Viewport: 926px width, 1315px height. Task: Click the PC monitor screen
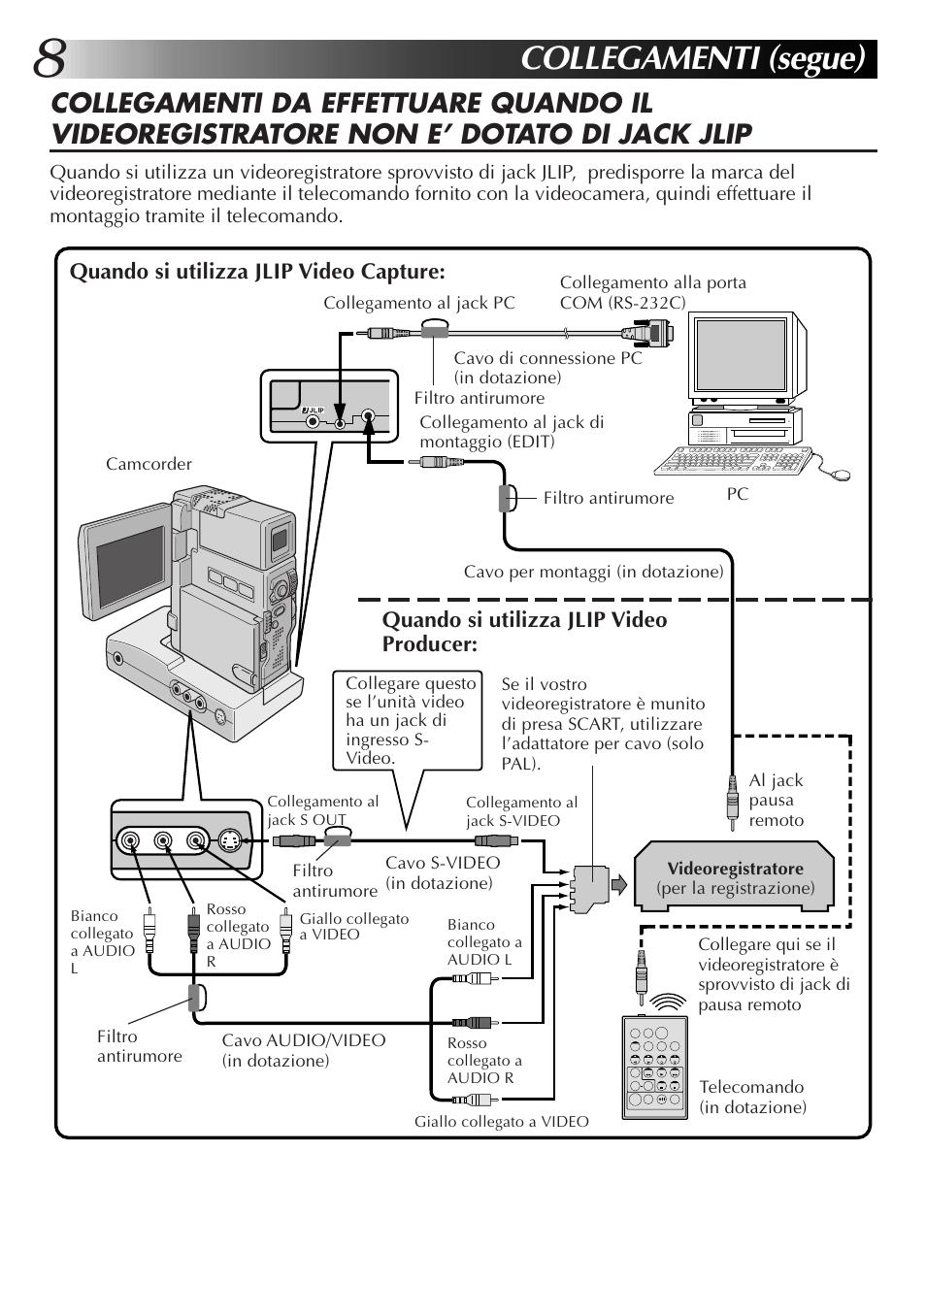(x=741, y=354)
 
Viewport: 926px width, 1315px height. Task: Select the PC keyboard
(x=734, y=462)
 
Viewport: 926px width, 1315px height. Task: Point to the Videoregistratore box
(x=735, y=877)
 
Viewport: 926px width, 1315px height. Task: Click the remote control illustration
(x=655, y=1066)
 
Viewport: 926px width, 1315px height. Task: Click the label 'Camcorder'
(x=149, y=464)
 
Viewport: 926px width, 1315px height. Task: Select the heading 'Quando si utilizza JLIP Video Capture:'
(x=257, y=272)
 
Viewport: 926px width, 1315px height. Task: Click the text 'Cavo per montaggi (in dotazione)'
(x=593, y=572)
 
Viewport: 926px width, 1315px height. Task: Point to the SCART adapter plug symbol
(x=588, y=887)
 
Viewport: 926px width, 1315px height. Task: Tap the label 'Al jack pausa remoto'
(x=777, y=800)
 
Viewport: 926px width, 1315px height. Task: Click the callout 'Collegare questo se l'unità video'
(x=410, y=720)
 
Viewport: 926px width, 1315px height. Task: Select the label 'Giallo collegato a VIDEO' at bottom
(x=501, y=1122)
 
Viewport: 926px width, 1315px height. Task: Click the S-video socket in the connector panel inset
(x=229, y=840)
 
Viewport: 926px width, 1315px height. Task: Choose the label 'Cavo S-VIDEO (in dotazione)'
(x=443, y=872)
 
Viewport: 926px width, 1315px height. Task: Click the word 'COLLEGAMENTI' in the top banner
(x=640, y=58)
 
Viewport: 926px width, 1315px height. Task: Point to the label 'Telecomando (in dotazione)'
(x=752, y=1097)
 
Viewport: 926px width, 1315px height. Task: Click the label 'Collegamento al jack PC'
(x=418, y=303)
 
